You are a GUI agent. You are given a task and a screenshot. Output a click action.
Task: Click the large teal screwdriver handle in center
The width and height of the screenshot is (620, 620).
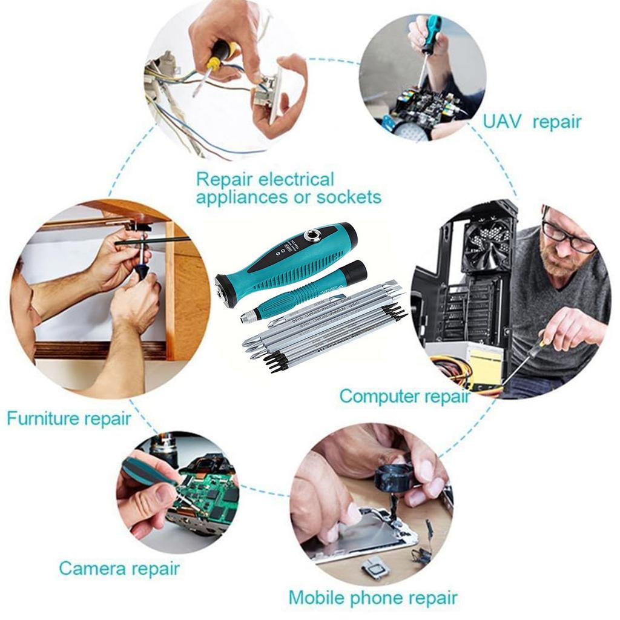(285, 263)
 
